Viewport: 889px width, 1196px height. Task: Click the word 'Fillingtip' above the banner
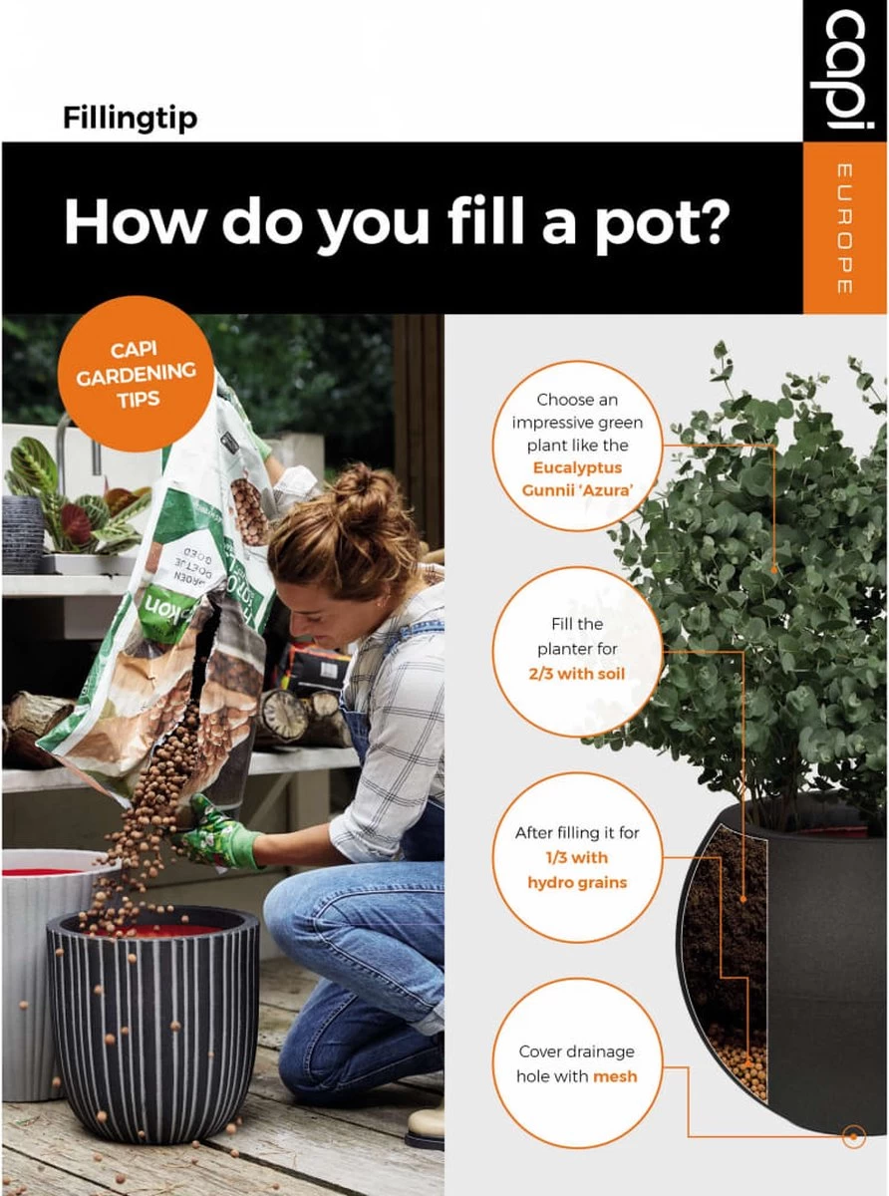[x=130, y=119]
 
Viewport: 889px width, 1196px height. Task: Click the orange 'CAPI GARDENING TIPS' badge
[x=136, y=373]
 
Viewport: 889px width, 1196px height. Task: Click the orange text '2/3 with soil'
[x=576, y=674]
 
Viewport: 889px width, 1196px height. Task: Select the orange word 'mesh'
[x=614, y=1076]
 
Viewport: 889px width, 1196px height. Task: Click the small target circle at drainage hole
[x=852, y=1135]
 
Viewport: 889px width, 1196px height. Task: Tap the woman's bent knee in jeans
[x=299, y=902]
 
